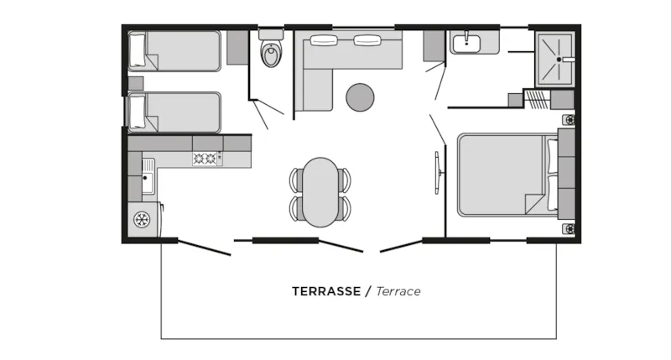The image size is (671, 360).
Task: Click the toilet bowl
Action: pyautogui.click(x=271, y=55)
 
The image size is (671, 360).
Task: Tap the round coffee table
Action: pyautogui.click(x=360, y=97)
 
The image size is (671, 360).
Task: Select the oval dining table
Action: pyautogui.click(x=320, y=192)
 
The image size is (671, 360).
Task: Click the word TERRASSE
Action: pyautogui.click(x=326, y=291)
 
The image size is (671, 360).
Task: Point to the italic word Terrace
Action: pyautogui.click(x=398, y=291)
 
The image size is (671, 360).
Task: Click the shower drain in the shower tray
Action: pyautogui.click(x=559, y=60)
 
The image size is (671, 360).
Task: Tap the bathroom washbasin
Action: pyautogui.click(x=466, y=44)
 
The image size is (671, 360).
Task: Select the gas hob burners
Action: pyautogui.click(x=205, y=159)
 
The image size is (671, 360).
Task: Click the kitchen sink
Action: pyautogui.click(x=148, y=176)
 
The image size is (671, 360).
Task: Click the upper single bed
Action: pyautogui.click(x=174, y=51)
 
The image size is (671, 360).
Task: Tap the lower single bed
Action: pyautogui.click(x=174, y=112)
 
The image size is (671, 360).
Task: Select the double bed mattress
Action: pyautogui.click(x=507, y=175)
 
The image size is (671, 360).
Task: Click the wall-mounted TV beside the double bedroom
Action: pyautogui.click(x=438, y=173)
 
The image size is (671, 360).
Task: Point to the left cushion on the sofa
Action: pyautogui.click(x=324, y=40)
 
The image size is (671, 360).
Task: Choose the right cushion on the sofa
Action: pyautogui.click(x=367, y=40)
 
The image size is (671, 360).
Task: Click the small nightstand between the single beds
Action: pyautogui.click(x=136, y=83)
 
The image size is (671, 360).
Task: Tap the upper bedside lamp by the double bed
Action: pyautogui.click(x=570, y=120)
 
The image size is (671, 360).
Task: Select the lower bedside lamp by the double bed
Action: pyautogui.click(x=570, y=229)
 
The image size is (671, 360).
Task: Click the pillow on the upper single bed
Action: pyautogui.click(x=137, y=51)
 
